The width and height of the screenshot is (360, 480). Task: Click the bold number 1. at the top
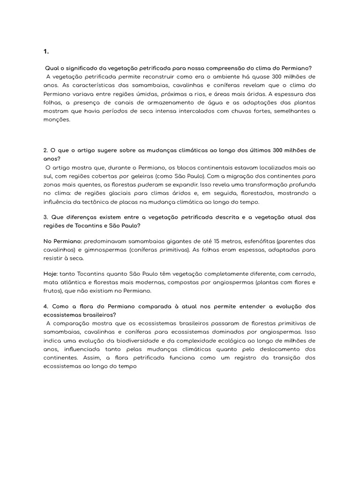click(45, 52)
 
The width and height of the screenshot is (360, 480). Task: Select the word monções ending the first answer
click(56, 120)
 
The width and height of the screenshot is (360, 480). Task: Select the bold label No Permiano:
click(62, 241)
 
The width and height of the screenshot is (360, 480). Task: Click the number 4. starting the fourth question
click(46, 306)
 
